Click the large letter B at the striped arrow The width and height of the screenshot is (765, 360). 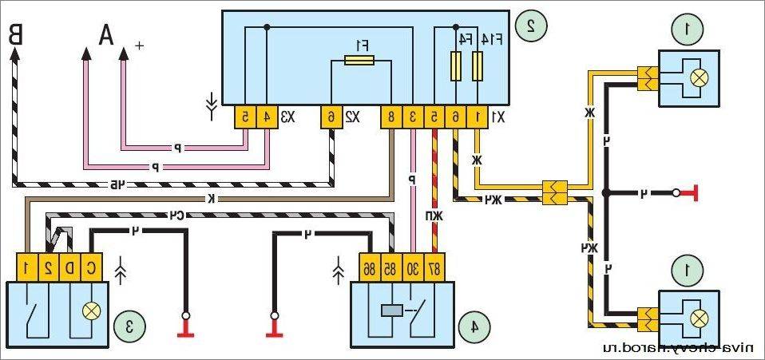point(16,35)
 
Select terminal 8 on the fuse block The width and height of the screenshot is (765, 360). point(390,117)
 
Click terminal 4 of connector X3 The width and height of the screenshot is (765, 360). point(266,117)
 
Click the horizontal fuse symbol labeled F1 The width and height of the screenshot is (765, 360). point(359,61)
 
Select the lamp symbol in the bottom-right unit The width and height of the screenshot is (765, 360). point(699,318)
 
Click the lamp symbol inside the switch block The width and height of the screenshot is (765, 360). point(92,311)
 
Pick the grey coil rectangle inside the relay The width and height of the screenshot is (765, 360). point(393,311)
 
